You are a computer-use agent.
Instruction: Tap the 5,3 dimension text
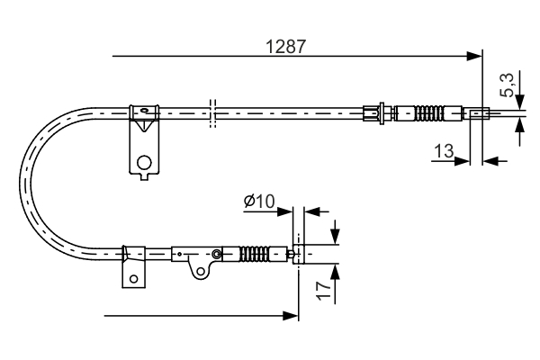[508, 85]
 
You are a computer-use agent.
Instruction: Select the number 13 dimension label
[442, 151]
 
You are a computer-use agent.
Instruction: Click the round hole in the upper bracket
[143, 162]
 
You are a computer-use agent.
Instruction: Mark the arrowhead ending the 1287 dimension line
[476, 57]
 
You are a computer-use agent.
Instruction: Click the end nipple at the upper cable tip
[477, 113]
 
